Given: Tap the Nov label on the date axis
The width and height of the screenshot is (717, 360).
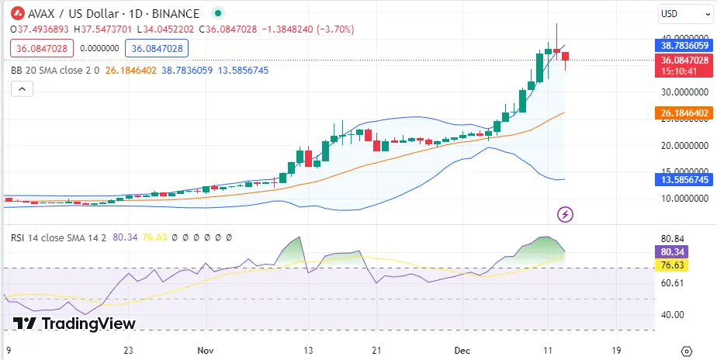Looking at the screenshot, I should click(206, 350).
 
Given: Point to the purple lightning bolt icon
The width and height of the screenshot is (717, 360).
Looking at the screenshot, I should click(566, 213).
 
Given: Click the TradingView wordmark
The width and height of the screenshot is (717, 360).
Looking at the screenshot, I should click(74, 324).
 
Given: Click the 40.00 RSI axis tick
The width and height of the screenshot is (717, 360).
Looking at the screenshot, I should click(672, 314).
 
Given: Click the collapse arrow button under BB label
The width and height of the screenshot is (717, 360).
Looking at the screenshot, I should click(23, 89).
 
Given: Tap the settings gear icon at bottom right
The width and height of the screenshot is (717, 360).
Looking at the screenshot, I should click(685, 350).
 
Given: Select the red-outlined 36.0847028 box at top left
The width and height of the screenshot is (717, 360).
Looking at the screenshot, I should click(40, 48).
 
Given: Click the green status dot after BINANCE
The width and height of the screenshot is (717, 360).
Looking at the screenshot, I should click(218, 13).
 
